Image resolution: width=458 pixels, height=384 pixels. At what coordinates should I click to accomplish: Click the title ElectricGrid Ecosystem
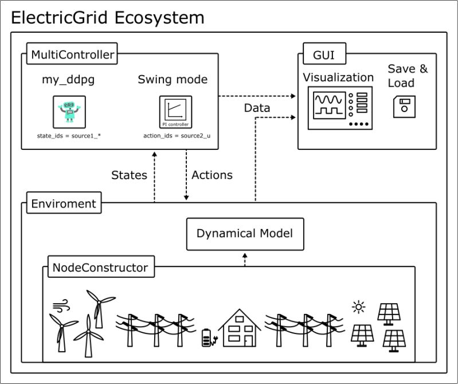click(x=108, y=17)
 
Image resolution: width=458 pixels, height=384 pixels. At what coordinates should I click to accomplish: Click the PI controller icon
click(x=175, y=112)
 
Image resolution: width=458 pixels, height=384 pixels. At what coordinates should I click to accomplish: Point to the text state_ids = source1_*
click(x=69, y=136)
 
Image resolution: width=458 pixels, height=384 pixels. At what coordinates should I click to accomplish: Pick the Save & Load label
click(x=408, y=75)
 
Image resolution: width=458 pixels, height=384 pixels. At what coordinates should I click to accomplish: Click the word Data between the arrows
click(x=258, y=107)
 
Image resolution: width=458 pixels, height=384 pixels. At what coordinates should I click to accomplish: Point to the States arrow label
click(x=129, y=175)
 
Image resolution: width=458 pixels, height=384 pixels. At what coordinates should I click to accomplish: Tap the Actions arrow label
click(x=212, y=175)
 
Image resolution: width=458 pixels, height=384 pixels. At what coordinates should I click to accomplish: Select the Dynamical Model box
click(x=245, y=234)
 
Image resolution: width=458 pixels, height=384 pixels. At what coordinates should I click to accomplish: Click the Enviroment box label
click(x=64, y=204)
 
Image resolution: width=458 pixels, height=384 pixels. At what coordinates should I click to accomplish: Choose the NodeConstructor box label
click(x=100, y=267)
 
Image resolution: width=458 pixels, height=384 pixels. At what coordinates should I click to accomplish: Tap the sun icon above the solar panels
click(x=359, y=308)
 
